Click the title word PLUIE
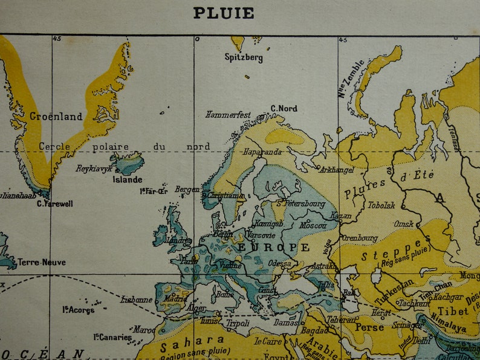pos(223,13)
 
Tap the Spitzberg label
pos(244,58)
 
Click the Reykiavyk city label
pos(94,169)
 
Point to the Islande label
pos(128,179)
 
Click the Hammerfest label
pos(228,114)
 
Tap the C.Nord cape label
pos(284,108)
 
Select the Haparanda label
pos(262,152)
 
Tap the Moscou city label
pos(313,225)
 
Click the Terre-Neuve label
pos(41,262)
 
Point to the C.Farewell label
pos(54,204)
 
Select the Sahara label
pos(192,341)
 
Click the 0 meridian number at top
pos(197,39)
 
